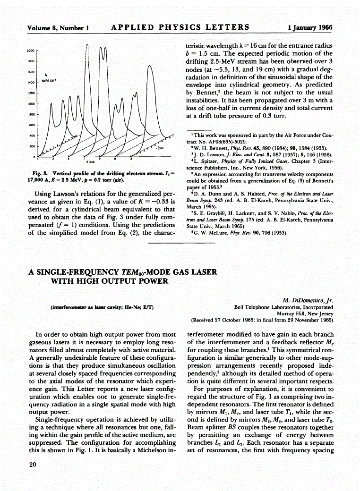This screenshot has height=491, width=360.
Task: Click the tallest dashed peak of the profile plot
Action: click(88, 45)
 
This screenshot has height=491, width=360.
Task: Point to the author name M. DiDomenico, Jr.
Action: click(308, 300)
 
